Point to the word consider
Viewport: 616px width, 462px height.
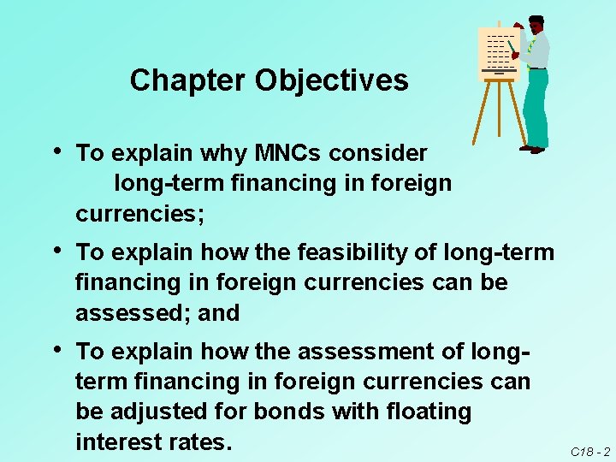[x=381, y=153]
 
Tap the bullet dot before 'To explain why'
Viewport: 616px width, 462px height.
[x=56, y=151]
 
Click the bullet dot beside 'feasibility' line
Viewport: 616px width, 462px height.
[x=56, y=250]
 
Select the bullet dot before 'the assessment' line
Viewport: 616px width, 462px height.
[x=56, y=348]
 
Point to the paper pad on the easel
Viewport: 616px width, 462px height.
[x=498, y=52]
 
